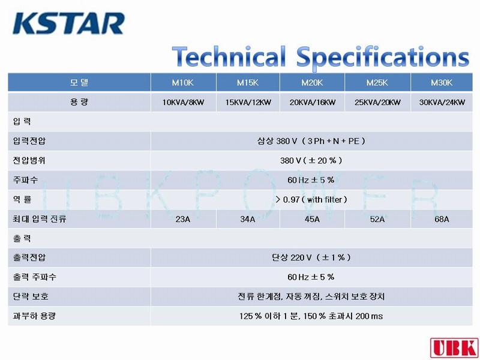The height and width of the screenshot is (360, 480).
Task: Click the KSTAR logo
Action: point(68,23)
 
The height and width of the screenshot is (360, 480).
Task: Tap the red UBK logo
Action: point(455,348)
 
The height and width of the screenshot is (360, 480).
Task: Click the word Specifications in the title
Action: point(383,58)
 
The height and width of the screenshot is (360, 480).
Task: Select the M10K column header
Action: point(183,83)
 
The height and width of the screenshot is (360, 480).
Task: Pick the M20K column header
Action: point(312,83)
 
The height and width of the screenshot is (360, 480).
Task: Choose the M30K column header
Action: point(442,83)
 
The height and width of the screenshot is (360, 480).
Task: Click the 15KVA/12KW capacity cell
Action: point(248,102)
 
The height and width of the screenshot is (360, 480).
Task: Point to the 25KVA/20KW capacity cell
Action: point(377,102)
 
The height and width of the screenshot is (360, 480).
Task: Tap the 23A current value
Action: point(183,219)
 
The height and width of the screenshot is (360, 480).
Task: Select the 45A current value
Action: point(312,219)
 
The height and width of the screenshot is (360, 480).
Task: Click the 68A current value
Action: point(442,219)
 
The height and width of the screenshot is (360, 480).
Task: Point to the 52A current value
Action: point(377,219)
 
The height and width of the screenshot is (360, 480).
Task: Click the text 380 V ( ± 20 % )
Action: point(311,160)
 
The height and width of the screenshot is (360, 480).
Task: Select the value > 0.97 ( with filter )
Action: point(311,200)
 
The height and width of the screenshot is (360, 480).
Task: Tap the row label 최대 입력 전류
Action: point(40,219)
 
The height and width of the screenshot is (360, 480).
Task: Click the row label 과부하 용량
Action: point(34,316)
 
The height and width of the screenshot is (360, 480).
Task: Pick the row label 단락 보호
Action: point(31,296)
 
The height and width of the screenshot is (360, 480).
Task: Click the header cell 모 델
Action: point(79,82)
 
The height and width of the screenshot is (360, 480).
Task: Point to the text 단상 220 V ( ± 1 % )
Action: point(311,257)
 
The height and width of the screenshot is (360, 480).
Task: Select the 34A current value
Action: point(248,219)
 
